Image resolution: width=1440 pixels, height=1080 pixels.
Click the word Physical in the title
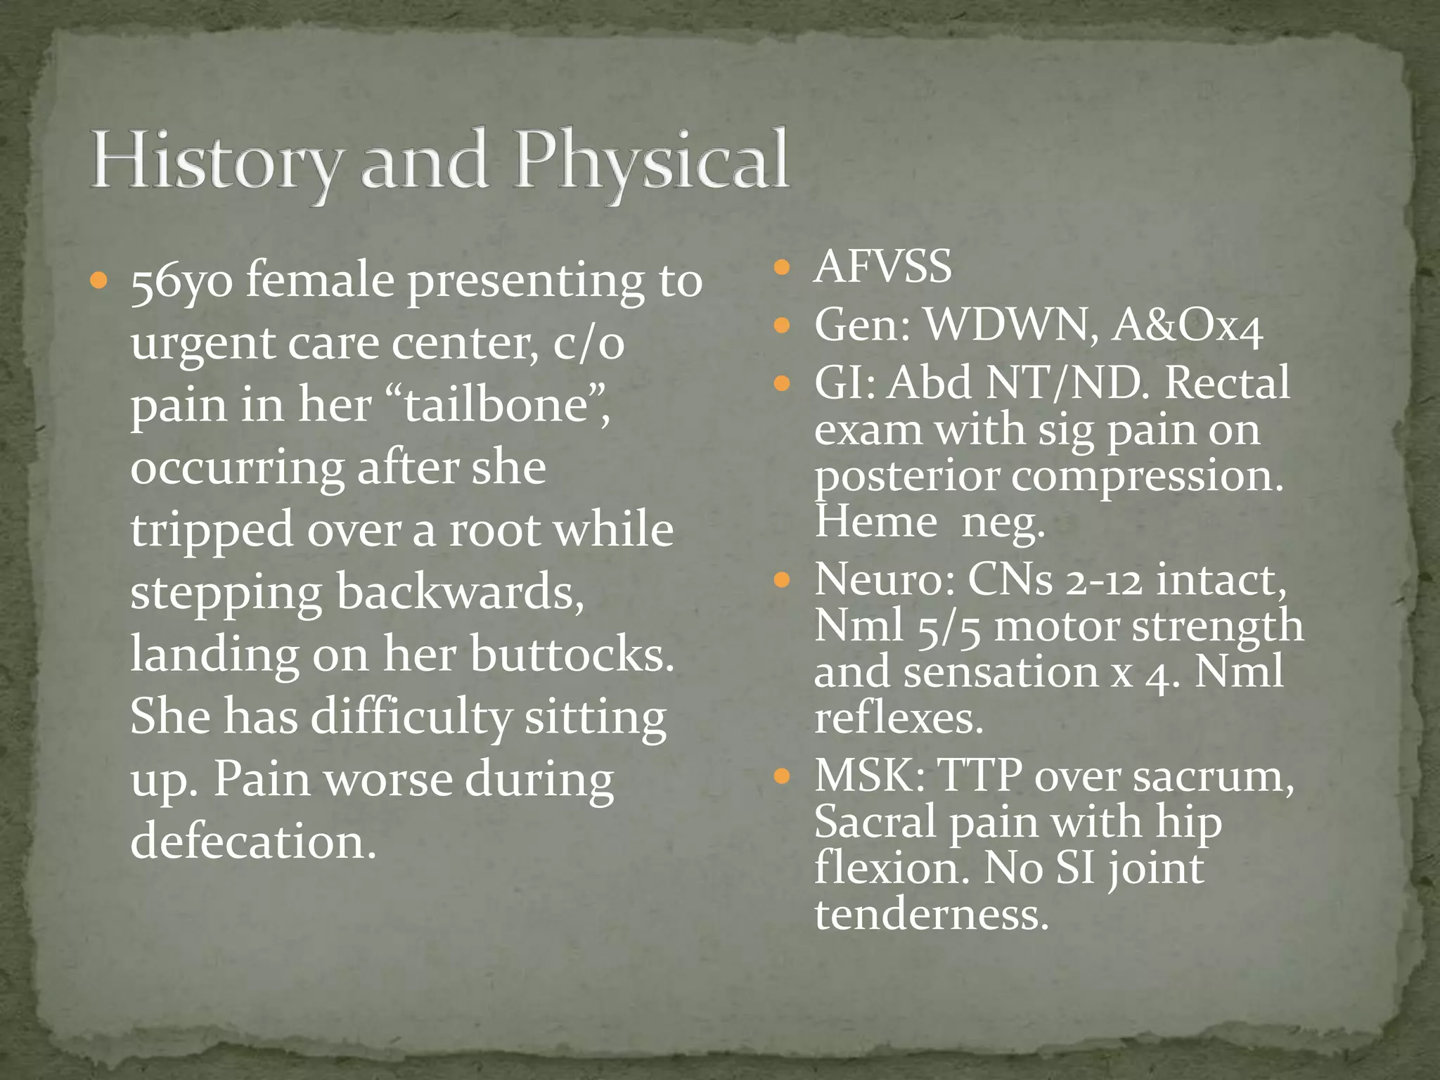coord(650,162)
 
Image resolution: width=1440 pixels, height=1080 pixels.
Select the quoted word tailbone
coord(502,406)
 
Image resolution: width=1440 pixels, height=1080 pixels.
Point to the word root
coord(493,530)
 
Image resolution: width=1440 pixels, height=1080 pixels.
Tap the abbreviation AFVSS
coord(882,267)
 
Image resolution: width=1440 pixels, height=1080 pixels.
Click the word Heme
coord(876,523)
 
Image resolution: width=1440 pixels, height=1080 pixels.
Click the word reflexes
coord(899,719)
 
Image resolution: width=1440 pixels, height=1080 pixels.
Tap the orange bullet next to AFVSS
coord(782,267)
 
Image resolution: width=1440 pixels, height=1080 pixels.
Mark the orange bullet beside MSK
coord(782,777)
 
